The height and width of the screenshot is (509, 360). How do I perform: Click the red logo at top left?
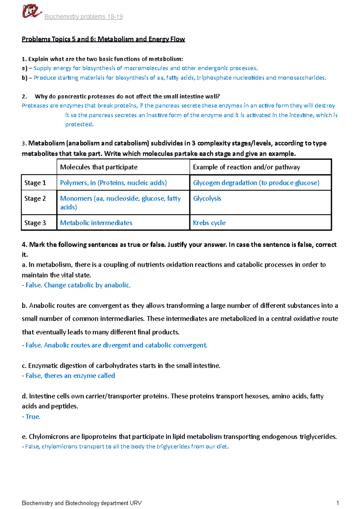[31, 12]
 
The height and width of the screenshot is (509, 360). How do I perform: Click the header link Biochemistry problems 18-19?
[83, 17]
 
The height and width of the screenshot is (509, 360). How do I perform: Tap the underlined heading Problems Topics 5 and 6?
[103, 39]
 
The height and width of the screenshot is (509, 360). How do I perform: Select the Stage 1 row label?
[35, 183]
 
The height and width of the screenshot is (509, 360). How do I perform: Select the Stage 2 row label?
[35, 198]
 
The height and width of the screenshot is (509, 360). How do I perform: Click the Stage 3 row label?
[35, 223]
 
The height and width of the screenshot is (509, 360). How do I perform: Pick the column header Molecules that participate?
[99, 167]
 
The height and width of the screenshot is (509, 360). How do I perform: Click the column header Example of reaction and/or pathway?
[246, 167]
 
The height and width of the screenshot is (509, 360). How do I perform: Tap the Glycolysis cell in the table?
[207, 198]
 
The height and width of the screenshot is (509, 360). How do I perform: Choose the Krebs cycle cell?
[209, 223]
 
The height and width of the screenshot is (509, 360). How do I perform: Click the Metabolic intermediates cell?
[96, 223]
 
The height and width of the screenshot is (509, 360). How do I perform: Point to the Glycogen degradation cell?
[256, 183]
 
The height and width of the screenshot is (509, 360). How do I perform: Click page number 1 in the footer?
[337, 503]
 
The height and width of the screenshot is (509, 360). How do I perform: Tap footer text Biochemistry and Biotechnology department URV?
[82, 503]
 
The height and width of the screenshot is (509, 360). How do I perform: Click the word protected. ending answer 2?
[79, 124]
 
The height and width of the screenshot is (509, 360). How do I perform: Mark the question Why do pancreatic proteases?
[127, 97]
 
